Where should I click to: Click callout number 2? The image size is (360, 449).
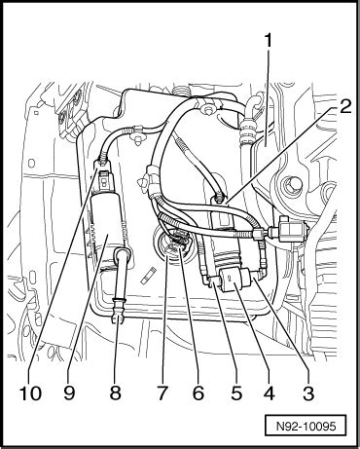(344, 106)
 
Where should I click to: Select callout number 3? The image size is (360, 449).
(308, 393)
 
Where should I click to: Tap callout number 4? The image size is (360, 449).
(269, 393)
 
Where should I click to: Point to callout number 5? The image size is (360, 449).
(236, 393)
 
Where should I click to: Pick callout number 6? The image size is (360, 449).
(198, 393)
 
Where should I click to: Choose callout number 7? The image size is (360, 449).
(162, 393)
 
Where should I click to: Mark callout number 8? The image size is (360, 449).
(115, 393)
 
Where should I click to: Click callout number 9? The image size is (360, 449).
(69, 393)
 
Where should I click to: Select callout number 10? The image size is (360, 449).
(30, 393)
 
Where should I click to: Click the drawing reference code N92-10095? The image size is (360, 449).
(306, 426)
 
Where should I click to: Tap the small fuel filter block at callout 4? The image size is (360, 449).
(235, 279)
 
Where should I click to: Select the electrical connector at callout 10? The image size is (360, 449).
(104, 178)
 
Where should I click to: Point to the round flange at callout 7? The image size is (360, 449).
(172, 246)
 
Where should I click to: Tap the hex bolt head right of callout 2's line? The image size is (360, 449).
(289, 186)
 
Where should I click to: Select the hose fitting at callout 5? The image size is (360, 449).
(210, 280)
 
